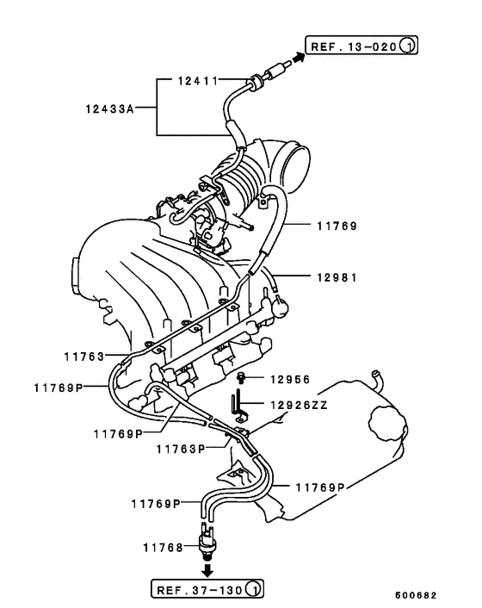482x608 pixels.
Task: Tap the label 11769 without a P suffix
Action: pos(335,226)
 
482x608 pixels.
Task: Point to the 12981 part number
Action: pos(335,278)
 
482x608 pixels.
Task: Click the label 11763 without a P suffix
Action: pos(83,355)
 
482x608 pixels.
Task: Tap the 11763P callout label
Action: pos(180,449)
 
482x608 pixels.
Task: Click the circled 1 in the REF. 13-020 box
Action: pos(409,45)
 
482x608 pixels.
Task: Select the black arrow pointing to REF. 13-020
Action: pos(295,57)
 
